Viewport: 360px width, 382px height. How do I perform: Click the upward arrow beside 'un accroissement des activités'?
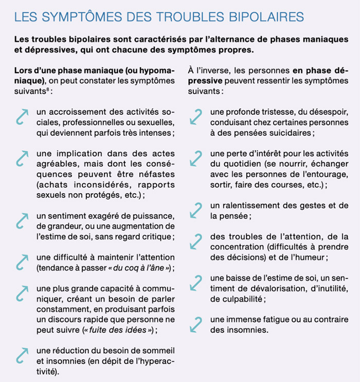tap(22, 117)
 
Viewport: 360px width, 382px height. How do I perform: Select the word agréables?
tap(59, 164)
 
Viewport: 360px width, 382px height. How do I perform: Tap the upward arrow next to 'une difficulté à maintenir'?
tap(22, 262)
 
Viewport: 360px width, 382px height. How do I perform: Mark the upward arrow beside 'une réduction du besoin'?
tap(22, 355)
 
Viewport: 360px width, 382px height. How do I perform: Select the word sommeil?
tap(158, 351)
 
